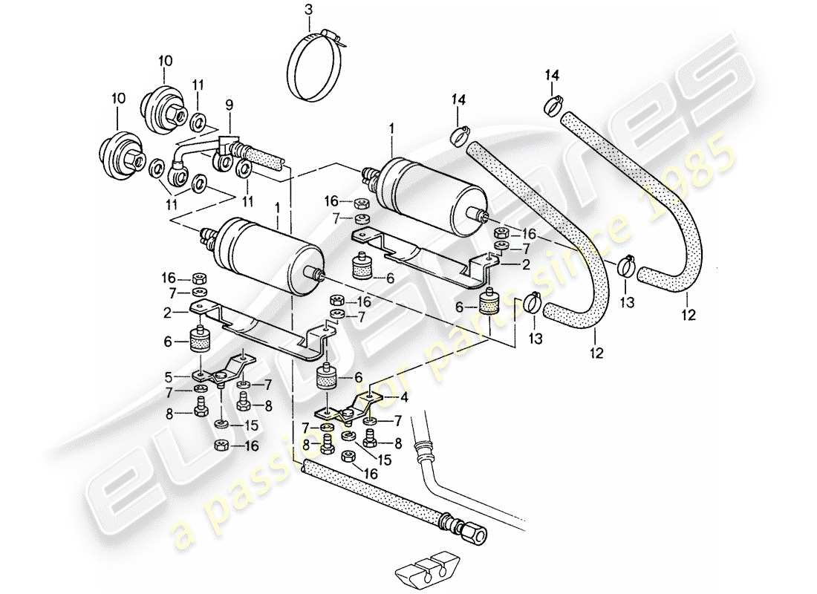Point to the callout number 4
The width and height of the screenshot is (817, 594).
click(404, 396)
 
